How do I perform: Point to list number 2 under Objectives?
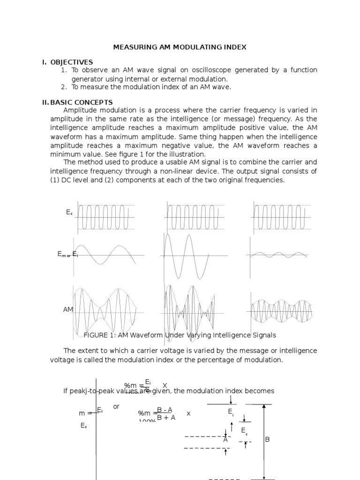tap(64, 87)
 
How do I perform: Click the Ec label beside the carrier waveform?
tap(69, 213)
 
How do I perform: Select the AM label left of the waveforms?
tap(68, 310)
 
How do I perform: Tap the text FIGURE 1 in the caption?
tap(98, 335)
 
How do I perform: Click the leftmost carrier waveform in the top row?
tap(106, 217)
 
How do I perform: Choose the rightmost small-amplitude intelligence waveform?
tap(278, 255)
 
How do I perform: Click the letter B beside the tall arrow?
tap(268, 439)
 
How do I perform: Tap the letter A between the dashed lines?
tap(225, 440)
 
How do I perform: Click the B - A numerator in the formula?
tap(165, 410)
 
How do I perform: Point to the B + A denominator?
tap(166, 418)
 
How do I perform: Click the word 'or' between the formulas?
tap(116, 406)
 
